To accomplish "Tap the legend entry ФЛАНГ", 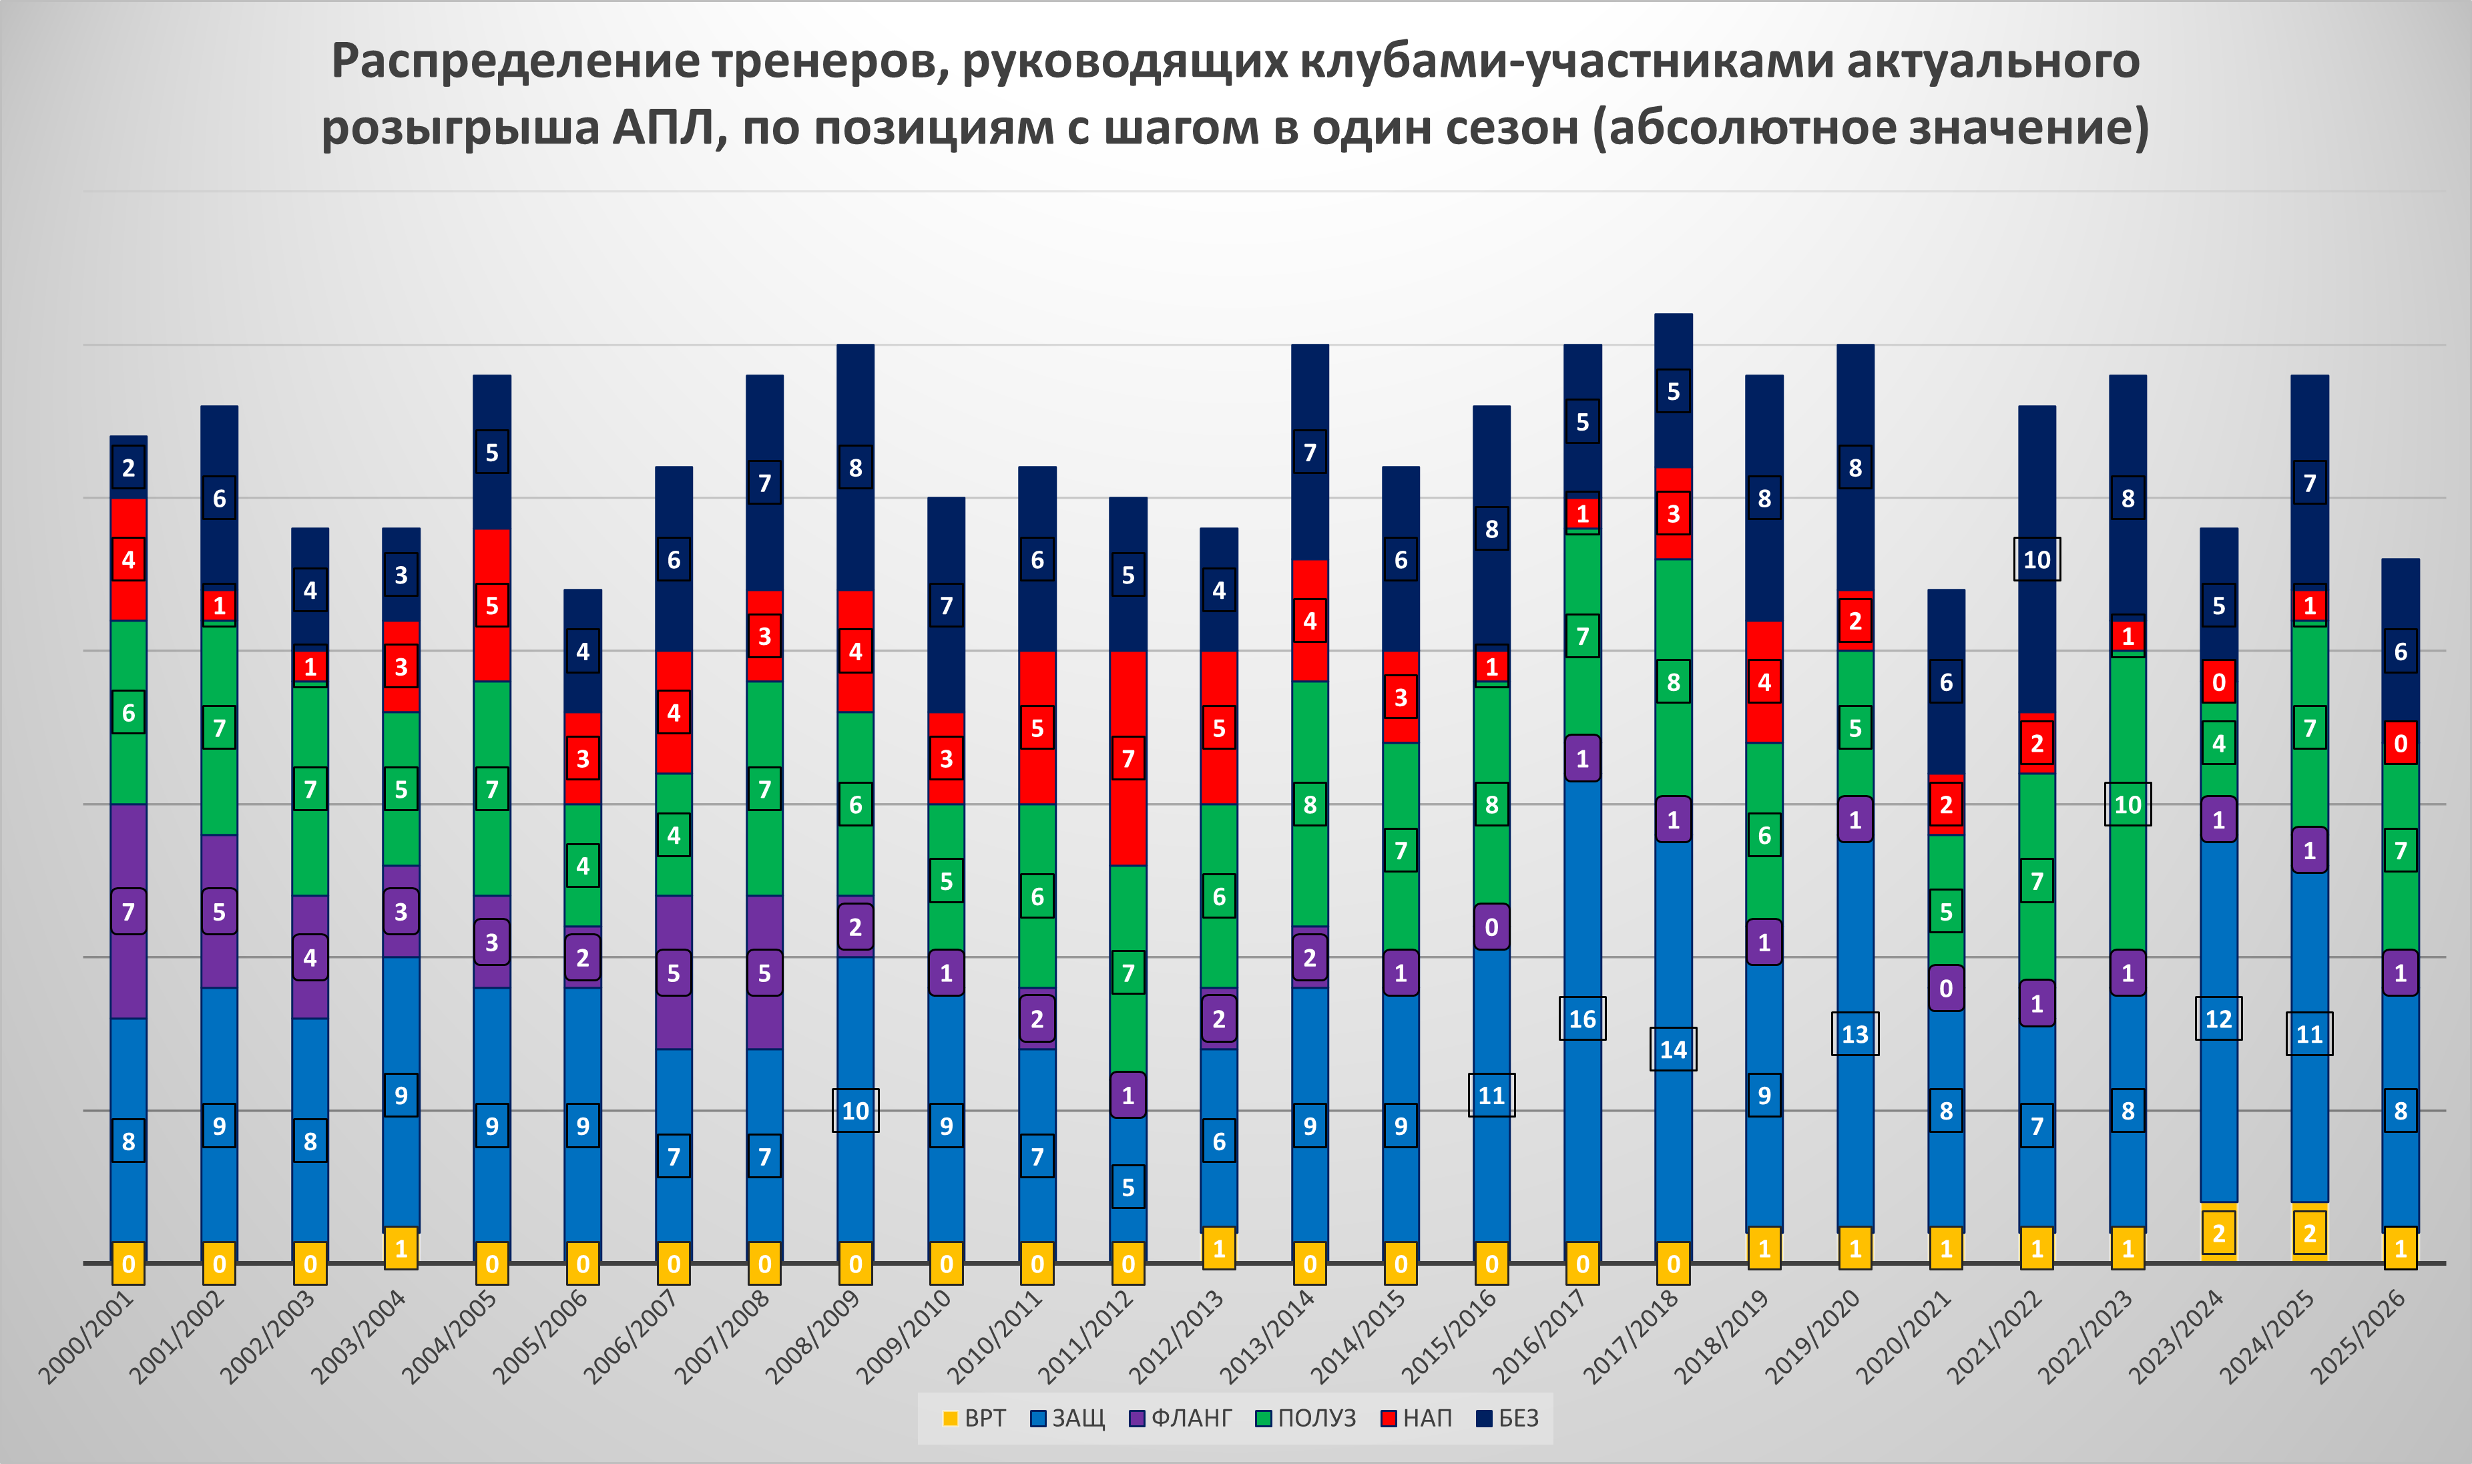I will point(1181,1419).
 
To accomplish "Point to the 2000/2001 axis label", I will point(87,1336).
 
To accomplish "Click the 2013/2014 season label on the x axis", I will point(1268,1336).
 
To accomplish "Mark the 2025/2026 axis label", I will point(2360,1336).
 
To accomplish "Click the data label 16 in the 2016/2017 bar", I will point(1582,1019).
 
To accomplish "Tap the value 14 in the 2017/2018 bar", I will point(1673,1049).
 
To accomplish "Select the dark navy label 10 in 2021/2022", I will point(2037,560).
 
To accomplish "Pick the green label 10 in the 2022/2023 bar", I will point(2128,805).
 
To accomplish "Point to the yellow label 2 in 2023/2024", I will point(2218,1233).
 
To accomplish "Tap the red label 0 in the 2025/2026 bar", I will point(2401,744).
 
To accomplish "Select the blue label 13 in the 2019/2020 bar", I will point(1855,1034).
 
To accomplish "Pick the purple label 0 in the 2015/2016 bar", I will point(1491,927).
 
